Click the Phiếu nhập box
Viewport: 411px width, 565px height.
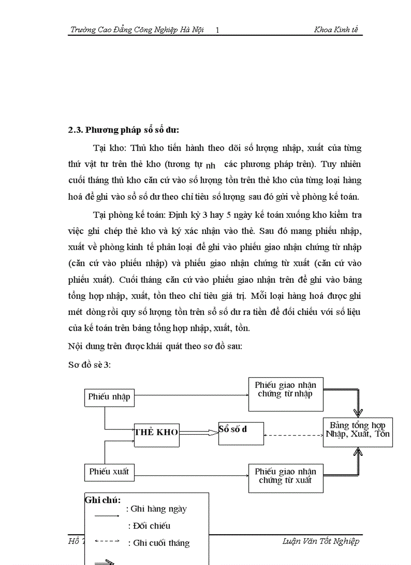(x=109, y=396)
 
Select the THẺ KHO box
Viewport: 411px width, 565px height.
(x=156, y=432)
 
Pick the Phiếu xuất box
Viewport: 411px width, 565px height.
(x=109, y=472)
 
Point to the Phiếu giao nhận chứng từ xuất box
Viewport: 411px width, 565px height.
(x=286, y=476)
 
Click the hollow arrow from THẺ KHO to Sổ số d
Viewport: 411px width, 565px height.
(x=198, y=432)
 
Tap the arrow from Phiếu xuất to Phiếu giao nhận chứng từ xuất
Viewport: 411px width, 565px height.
(x=191, y=474)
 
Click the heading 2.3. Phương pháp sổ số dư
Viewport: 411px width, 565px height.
(x=124, y=130)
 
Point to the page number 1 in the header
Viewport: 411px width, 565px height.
(x=217, y=31)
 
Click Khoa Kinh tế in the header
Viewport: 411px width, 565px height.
(x=336, y=30)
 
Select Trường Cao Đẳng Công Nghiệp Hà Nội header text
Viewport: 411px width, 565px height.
(x=137, y=30)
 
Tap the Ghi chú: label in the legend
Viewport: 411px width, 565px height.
(x=103, y=500)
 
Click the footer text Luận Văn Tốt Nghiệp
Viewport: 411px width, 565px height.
(x=321, y=541)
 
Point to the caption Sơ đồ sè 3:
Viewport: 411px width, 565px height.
(x=89, y=365)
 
